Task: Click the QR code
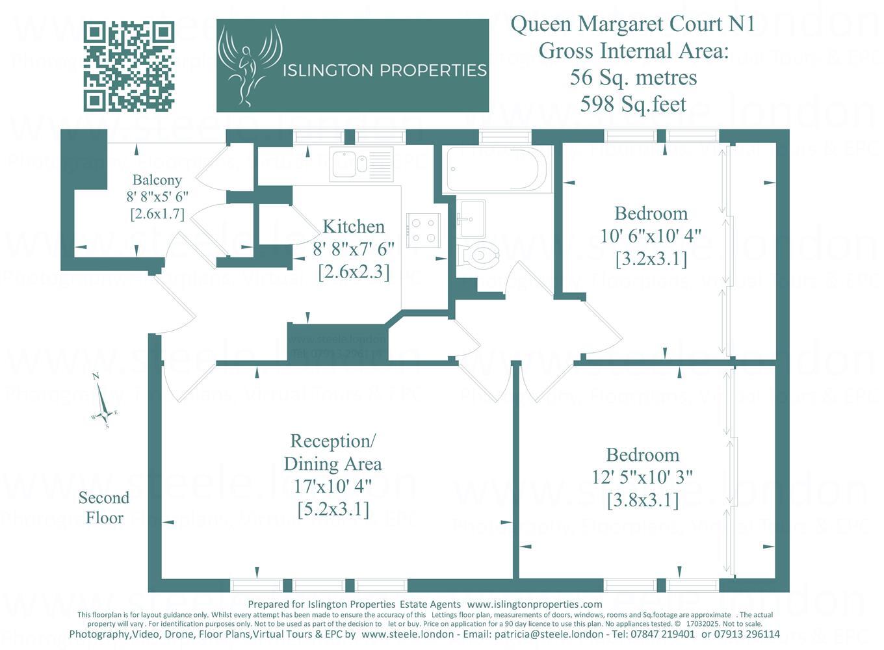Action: (129, 66)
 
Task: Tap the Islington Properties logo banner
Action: (352, 66)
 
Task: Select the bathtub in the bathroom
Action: (497, 169)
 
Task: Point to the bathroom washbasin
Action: (471, 218)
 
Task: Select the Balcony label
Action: (157, 180)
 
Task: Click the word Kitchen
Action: (354, 227)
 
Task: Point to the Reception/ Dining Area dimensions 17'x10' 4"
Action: (333, 486)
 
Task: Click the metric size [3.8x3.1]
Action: (643, 500)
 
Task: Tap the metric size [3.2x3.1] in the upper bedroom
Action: (651, 259)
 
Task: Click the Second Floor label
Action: (104, 508)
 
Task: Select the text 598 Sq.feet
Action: (633, 104)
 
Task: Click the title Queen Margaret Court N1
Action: (633, 24)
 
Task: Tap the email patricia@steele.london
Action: (549, 634)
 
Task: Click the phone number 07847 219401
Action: (662, 634)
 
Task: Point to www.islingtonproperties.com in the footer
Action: (534, 604)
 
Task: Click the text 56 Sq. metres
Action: (633, 77)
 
